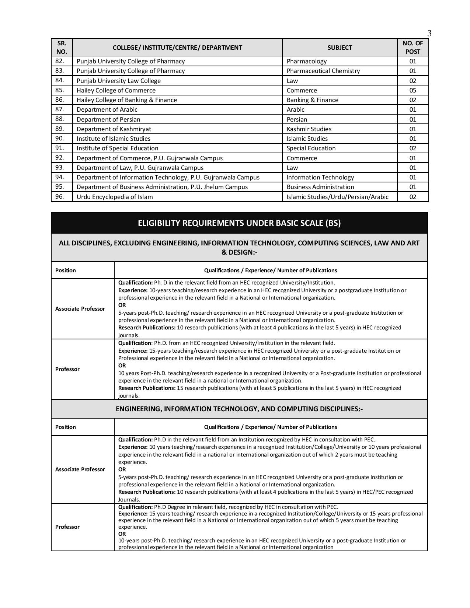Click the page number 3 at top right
(x=429, y=34)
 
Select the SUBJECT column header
(x=340, y=48)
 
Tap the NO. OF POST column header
(x=412, y=48)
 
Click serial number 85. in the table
(x=60, y=90)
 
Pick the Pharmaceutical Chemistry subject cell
(x=323, y=71)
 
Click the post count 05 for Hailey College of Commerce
(x=412, y=90)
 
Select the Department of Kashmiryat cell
(x=114, y=129)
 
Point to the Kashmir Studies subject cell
(x=309, y=129)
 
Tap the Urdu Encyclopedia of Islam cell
(x=115, y=197)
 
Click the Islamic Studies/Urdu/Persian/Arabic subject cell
(x=337, y=197)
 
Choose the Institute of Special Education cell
(x=117, y=148)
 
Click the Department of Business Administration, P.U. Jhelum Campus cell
(x=162, y=187)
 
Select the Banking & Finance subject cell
(x=312, y=100)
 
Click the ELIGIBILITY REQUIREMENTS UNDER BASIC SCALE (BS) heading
(x=239, y=223)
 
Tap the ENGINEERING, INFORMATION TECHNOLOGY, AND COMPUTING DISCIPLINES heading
(x=239, y=409)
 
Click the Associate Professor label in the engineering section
(x=80, y=469)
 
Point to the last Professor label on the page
(x=67, y=527)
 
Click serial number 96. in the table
(x=60, y=196)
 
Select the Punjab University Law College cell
(x=119, y=81)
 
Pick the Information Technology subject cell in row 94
(x=320, y=177)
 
